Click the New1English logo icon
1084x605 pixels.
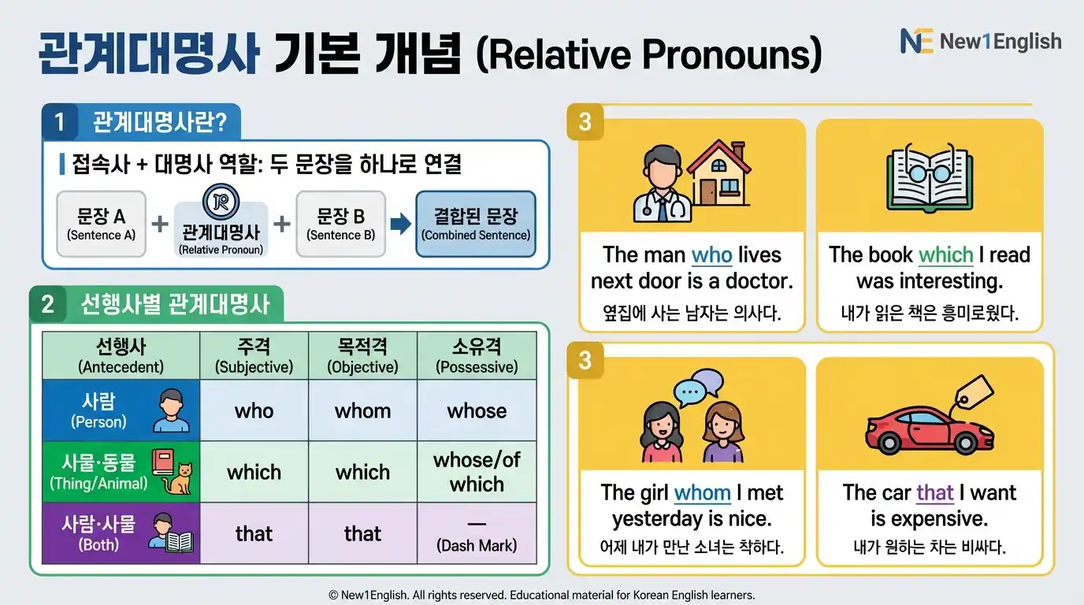916,41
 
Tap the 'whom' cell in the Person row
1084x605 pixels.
362,410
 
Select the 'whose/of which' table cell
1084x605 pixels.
477,472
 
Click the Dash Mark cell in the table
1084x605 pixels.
477,534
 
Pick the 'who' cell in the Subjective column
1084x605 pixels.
254,410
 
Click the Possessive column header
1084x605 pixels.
477,356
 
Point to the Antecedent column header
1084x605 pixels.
121,356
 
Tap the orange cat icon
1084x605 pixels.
181,478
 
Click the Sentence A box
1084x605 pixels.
101,225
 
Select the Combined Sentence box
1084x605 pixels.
476,225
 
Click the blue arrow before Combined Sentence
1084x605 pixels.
400,225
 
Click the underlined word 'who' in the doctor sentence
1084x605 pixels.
711,255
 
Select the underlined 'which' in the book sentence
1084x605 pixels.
945,255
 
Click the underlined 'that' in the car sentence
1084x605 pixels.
935,493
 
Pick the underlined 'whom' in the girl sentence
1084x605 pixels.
702,493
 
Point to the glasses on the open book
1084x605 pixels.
930,171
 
